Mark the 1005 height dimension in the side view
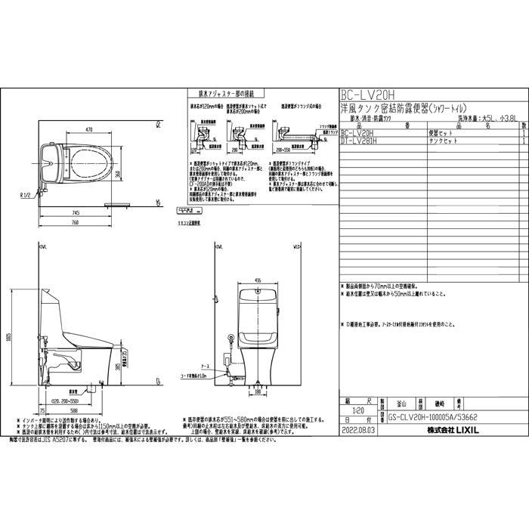click(x=10, y=335)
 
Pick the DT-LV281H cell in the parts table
click(x=359, y=141)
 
